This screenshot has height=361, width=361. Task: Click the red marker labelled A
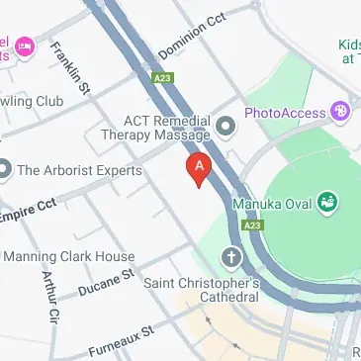(x=200, y=168)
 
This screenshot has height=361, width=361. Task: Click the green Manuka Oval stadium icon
(x=326, y=205)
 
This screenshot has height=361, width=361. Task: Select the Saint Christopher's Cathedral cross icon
(x=231, y=259)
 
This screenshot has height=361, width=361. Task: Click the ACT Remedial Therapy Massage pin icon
(x=226, y=126)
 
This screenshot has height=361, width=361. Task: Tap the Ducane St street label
(x=106, y=281)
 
